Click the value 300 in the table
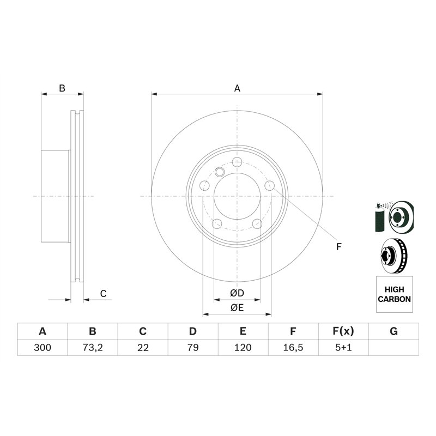click(43, 347)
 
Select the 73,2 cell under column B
click(93, 347)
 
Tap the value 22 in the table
click(143, 347)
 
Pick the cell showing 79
click(193, 347)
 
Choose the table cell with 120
click(243, 347)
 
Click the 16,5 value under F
click(293, 347)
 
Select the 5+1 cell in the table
click(343, 347)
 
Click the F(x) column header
click(343, 331)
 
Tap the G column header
click(393, 331)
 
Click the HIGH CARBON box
click(394, 294)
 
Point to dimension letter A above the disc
click(237, 88)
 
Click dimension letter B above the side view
click(62, 88)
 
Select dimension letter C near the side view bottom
click(103, 294)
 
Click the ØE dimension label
click(237, 308)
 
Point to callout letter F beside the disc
click(338, 247)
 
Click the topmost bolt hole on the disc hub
click(237, 162)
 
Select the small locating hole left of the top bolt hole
click(220, 172)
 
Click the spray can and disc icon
click(393, 217)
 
